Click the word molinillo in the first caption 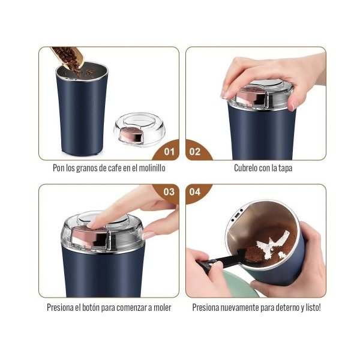[x=152, y=168]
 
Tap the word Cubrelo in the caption [x=245, y=168]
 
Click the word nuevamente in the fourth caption [x=239, y=307]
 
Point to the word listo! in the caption [x=313, y=307]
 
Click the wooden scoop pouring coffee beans [x=68, y=57]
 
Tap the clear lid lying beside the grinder [x=140, y=129]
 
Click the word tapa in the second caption [x=285, y=168]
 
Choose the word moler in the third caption [x=163, y=307]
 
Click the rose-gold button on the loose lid [x=130, y=135]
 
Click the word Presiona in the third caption [x=60, y=307]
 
